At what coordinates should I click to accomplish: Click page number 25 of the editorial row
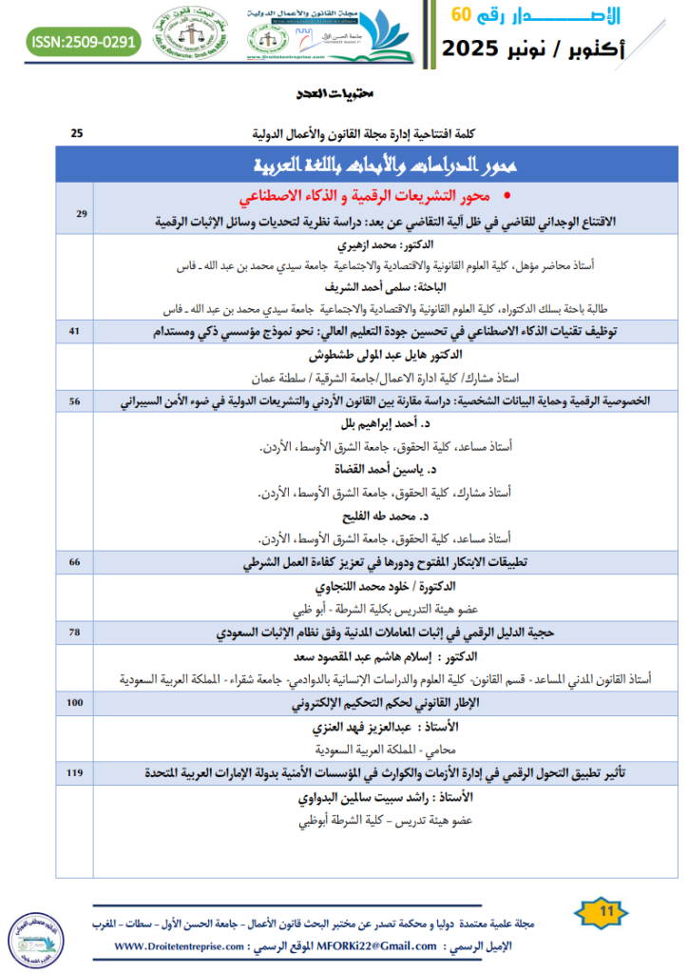pyautogui.click(x=77, y=132)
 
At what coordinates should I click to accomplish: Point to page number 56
pyautogui.click(x=75, y=401)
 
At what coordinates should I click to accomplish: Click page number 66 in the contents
pyautogui.click(x=75, y=561)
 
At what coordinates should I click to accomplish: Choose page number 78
pyautogui.click(x=75, y=631)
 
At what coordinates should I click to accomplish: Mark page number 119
pyautogui.click(x=75, y=773)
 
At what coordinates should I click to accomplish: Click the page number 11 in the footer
pyautogui.click(x=602, y=912)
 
